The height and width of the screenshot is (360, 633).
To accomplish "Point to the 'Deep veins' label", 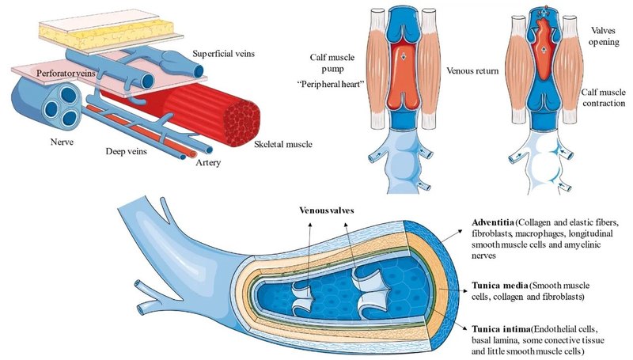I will (x=130, y=149).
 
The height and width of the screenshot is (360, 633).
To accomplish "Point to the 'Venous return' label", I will (x=472, y=71).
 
